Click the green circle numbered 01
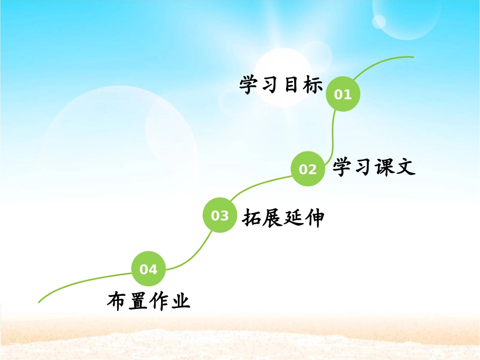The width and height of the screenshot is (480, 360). pyautogui.click(x=343, y=93)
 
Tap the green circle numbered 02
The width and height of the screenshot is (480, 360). pyautogui.click(x=308, y=169)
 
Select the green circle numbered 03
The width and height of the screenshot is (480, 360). pyautogui.click(x=220, y=216)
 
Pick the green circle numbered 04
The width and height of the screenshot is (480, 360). pyautogui.click(x=149, y=269)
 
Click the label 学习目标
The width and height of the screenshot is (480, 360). pyautogui.click(x=281, y=85)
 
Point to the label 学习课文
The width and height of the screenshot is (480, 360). pyautogui.click(x=374, y=167)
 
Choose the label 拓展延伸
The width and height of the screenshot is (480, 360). pyautogui.click(x=283, y=218)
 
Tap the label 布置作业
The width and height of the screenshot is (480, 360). pyautogui.click(x=149, y=301)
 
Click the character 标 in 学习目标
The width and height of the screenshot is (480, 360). pyautogui.click(x=313, y=85)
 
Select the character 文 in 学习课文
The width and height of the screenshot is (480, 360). pyautogui.click(x=406, y=167)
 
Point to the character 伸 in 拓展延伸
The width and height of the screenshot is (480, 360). pyautogui.click(x=314, y=218)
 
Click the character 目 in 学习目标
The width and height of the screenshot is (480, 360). pyautogui.click(x=292, y=85)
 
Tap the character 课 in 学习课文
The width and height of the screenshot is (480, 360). pyautogui.click(x=385, y=167)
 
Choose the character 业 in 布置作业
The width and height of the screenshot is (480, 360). pyautogui.click(x=180, y=301)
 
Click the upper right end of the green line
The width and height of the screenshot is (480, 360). pyautogui.click(x=413, y=57)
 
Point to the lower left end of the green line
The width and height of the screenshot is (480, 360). pyautogui.click(x=39, y=302)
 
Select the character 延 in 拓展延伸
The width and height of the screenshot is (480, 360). pyautogui.click(x=294, y=218)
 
